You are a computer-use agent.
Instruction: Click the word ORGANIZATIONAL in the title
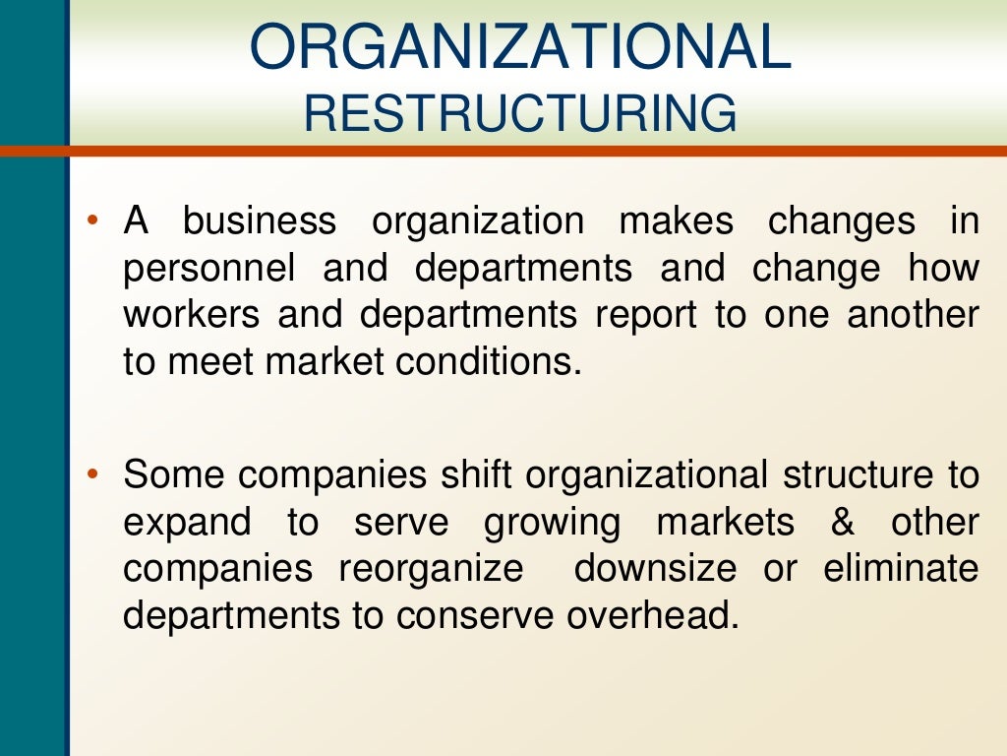(x=520, y=47)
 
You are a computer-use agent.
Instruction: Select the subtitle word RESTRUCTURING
(x=520, y=113)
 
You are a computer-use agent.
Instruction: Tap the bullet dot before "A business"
(x=91, y=219)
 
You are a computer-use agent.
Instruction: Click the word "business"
(x=259, y=220)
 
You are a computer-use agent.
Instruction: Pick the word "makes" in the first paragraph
(x=676, y=220)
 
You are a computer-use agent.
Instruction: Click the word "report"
(x=631, y=317)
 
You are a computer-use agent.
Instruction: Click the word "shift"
(x=476, y=475)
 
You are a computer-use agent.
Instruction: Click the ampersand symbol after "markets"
(x=843, y=523)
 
